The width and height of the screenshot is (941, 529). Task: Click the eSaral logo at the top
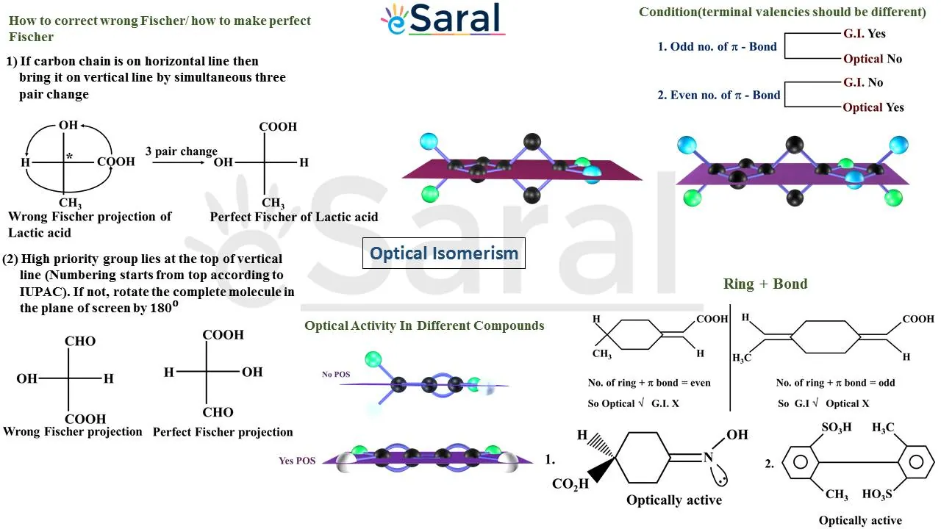(x=443, y=20)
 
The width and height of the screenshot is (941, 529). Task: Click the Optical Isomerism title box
(x=444, y=253)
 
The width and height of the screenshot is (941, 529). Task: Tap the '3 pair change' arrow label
(x=181, y=152)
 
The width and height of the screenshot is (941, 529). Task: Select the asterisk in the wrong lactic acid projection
(x=70, y=156)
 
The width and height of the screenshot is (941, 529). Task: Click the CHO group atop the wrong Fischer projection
(x=80, y=341)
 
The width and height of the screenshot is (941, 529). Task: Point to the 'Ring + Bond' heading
(x=765, y=284)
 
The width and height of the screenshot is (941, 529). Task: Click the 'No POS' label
(x=336, y=374)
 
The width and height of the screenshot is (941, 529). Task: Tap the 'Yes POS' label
(x=297, y=461)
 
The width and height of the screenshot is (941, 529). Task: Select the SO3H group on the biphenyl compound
(x=837, y=428)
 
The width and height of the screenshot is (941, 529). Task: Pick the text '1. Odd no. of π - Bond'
(x=717, y=46)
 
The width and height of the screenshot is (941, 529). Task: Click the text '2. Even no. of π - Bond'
(x=718, y=95)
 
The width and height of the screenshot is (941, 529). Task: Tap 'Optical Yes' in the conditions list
(x=873, y=107)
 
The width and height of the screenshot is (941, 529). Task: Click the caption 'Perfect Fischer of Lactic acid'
(x=294, y=217)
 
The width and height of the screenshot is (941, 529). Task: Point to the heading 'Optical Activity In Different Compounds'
(x=424, y=325)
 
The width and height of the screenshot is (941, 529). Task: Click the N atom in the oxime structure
(x=708, y=458)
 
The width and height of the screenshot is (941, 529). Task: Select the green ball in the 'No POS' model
(x=373, y=359)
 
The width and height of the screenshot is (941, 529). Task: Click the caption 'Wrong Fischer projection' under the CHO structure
(x=72, y=431)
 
